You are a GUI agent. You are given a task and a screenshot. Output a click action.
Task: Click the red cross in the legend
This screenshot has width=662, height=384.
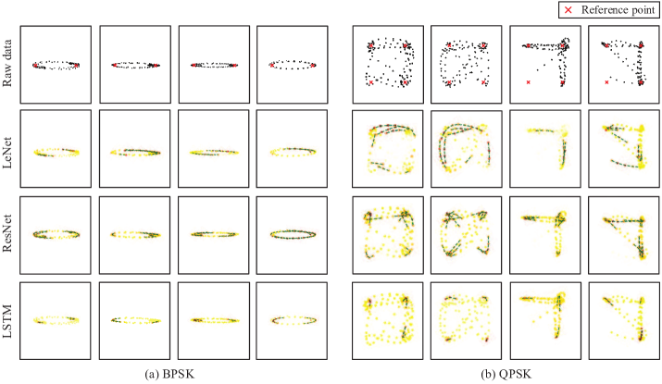[x=568, y=9]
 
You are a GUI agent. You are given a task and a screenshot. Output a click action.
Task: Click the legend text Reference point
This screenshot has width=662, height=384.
[x=618, y=9]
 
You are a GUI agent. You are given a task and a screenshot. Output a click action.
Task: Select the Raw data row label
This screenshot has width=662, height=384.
[x=7, y=63]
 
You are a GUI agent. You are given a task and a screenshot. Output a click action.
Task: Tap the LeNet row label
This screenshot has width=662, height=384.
[x=7, y=153]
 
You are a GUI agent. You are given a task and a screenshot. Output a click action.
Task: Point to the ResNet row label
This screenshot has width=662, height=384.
[x=7, y=233]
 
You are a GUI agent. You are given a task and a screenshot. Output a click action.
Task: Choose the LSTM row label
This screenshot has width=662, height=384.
[x=7, y=322]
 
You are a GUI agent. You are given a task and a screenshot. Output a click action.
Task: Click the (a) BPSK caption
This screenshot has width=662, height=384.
[x=169, y=374]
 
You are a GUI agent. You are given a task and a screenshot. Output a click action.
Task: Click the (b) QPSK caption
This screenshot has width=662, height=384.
[x=506, y=374]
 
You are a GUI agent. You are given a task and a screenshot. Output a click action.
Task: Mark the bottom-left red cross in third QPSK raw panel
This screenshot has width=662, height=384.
[x=528, y=82]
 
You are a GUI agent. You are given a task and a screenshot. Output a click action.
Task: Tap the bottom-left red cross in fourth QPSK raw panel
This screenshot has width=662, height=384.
[x=606, y=82]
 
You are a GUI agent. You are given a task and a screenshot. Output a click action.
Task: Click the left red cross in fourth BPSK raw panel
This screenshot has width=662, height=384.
[x=271, y=66]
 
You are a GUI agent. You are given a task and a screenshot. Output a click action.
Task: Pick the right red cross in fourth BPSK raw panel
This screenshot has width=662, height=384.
[x=312, y=66]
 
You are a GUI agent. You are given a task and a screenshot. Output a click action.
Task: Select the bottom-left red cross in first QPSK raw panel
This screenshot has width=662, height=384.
[x=371, y=82]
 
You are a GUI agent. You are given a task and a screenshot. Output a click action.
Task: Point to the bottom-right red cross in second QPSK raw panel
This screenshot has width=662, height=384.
[x=483, y=82]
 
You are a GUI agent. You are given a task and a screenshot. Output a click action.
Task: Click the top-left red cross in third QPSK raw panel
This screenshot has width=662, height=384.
[x=528, y=45]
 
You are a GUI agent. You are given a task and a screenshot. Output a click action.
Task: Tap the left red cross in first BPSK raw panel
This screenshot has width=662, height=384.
[x=35, y=66]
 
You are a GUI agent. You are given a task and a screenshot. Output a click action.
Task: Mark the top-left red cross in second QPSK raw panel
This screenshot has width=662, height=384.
[x=449, y=44]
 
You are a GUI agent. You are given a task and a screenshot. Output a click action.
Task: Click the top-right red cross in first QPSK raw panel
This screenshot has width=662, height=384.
[x=405, y=45]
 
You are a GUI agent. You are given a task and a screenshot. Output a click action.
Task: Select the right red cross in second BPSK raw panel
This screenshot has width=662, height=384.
[x=156, y=66]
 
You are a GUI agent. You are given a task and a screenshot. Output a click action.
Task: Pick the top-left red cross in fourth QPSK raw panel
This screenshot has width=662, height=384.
[x=606, y=45]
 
